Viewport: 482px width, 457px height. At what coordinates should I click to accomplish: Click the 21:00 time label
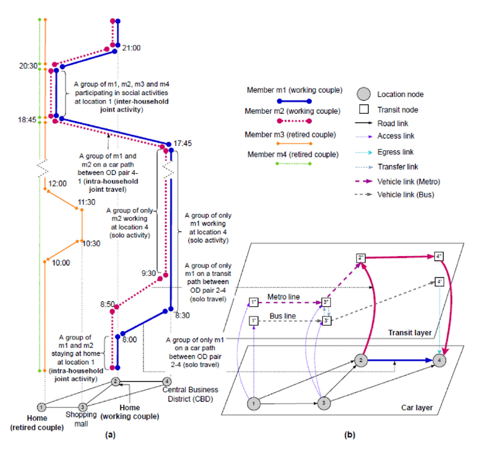coord(131,48)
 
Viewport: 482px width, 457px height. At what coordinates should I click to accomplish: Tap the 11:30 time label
coord(86,202)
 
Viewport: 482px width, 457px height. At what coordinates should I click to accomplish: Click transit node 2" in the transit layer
coord(361,258)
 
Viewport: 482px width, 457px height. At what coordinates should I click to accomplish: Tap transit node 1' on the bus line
coord(253,320)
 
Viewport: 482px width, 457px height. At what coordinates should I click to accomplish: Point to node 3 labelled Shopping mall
coord(83,407)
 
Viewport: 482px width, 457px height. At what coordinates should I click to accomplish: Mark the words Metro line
coord(281,296)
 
